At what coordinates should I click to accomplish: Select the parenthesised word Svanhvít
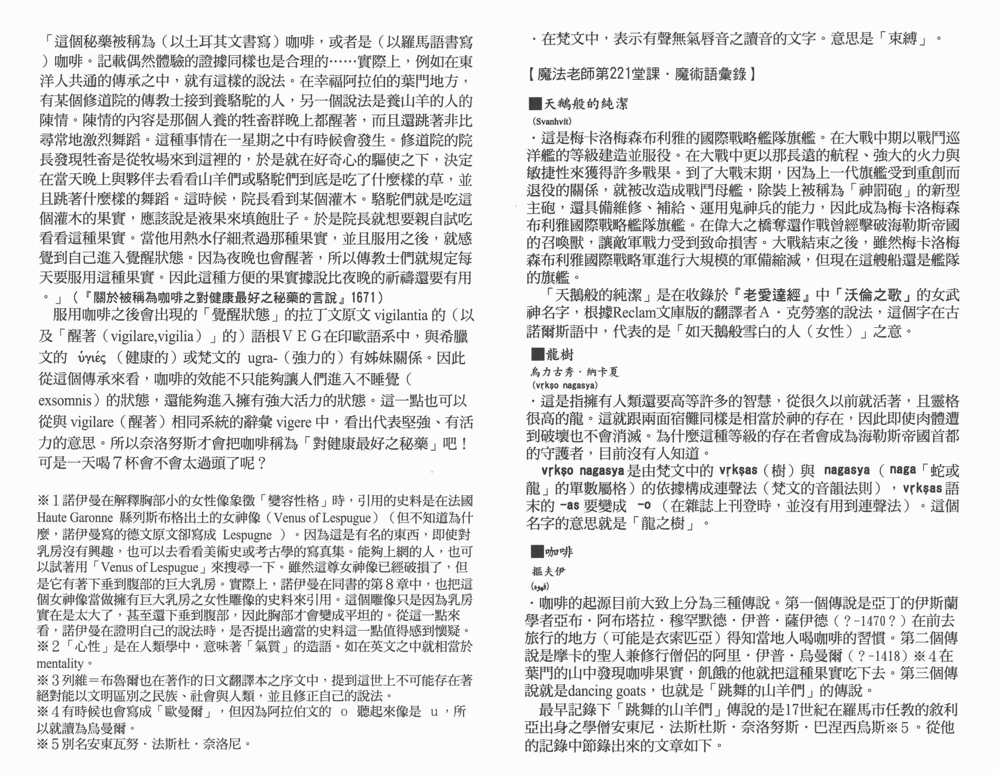[x=552, y=121]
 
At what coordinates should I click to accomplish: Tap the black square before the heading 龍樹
[x=537, y=354]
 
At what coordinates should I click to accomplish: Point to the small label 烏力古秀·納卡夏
[x=575, y=372]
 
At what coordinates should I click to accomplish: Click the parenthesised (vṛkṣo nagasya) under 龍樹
[x=565, y=385]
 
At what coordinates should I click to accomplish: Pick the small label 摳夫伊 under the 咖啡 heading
[x=548, y=571]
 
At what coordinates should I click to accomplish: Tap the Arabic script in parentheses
[x=540, y=586]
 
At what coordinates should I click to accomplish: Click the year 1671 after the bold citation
[x=363, y=298]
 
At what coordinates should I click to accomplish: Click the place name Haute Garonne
[x=75, y=518]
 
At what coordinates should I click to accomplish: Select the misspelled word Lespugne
[x=247, y=535]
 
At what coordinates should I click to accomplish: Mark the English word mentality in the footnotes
[x=60, y=663]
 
